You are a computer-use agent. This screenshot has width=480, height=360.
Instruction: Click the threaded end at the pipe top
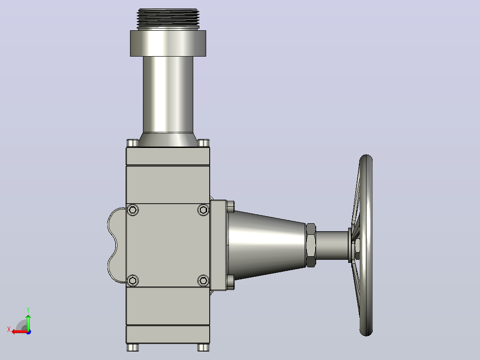168,18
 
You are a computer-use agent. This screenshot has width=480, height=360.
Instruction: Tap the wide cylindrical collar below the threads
168,43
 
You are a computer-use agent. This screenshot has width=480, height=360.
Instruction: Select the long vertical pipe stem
168,94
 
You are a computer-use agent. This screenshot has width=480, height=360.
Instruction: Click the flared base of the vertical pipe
168,139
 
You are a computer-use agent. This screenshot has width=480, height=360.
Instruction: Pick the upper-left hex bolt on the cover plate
133,210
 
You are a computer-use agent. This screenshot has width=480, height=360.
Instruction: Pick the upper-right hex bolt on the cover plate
203,210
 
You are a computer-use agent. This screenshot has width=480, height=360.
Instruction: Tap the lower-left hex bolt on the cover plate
133,281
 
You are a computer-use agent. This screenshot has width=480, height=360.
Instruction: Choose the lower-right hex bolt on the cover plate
203,281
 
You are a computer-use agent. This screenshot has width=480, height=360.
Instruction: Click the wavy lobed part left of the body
113,245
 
